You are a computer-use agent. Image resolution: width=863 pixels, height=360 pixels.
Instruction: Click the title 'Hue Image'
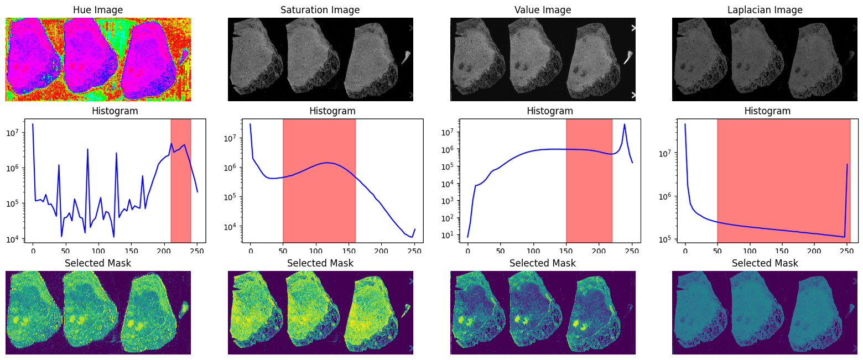98,10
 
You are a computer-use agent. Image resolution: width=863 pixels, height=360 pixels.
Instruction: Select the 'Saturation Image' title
320,10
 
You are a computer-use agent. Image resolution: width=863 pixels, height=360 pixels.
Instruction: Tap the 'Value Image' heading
543,10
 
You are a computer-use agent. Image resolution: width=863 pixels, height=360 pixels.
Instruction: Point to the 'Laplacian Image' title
765,10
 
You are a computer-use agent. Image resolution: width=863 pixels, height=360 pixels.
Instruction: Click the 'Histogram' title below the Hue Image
115,111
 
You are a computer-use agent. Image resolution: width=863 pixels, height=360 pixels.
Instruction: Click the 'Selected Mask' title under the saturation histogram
320,263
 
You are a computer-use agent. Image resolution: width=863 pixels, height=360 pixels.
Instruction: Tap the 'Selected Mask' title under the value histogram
543,263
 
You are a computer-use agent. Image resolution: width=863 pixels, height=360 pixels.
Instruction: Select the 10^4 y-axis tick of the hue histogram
14,239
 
